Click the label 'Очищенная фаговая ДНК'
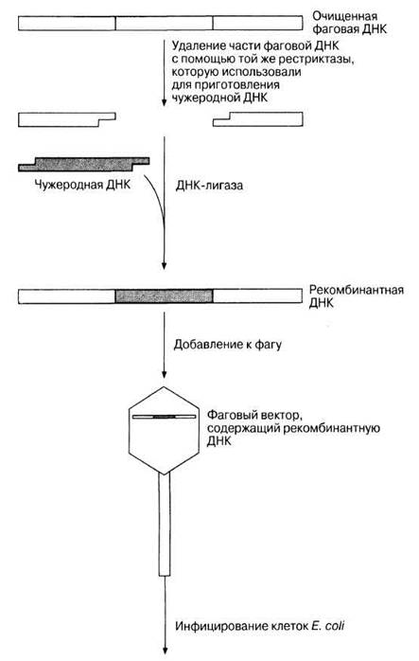(x=349, y=23)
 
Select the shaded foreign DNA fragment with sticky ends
(x=84, y=164)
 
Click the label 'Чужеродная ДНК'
(x=82, y=185)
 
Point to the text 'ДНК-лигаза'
(x=209, y=186)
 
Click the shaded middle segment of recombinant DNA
(x=164, y=295)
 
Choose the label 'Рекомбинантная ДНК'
(x=357, y=296)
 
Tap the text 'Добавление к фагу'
(x=228, y=345)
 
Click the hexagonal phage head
(x=164, y=430)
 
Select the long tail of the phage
(x=165, y=525)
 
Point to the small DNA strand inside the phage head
(x=165, y=417)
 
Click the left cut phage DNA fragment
(x=67, y=119)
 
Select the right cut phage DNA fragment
(x=257, y=119)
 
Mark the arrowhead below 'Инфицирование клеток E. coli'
(x=165, y=651)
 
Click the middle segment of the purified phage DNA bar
(x=164, y=23)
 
